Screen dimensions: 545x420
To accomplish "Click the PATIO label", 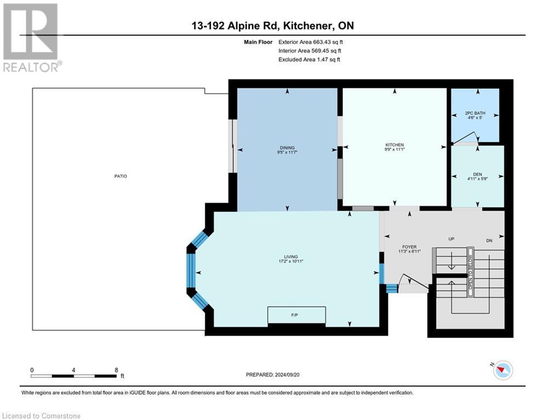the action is [121, 176].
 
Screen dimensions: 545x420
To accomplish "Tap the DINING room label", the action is [287, 148].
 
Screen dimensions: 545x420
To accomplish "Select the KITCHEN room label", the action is [394, 145].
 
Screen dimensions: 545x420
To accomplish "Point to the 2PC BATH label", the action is [475, 113].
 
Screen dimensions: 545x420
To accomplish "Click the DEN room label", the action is [478, 174].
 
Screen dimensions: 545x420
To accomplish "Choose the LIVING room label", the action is [291, 257].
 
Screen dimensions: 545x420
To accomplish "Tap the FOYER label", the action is [410, 247].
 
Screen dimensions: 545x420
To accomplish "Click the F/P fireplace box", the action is [296, 315].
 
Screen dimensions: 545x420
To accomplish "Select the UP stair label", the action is [451, 239].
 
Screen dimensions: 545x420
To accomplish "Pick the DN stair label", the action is [489, 241].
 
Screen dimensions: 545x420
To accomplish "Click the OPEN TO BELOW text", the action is [471, 272].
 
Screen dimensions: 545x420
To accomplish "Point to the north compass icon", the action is [503, 370].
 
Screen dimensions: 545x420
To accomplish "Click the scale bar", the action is [74, 376].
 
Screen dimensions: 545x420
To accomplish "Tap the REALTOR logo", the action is [32, 38].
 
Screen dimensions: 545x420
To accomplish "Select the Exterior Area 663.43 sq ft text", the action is [311, 42].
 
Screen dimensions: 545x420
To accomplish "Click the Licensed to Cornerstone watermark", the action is [41, 416].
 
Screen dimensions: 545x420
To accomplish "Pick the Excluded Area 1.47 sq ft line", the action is [309, 60].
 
